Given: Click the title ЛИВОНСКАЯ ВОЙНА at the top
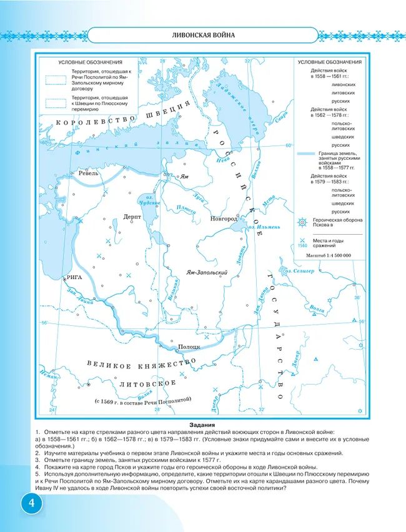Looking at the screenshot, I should pyautogui.click(x=203, y=35).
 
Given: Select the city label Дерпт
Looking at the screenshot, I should pyautogui.click(x=132, y=216).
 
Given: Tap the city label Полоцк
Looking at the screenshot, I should pyautogui.click(x=188, y=346).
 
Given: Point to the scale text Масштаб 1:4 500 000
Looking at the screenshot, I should pyautogui.click(x=329, y=255).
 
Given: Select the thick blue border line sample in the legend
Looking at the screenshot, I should pyautogui.click(x=306, y=153).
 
